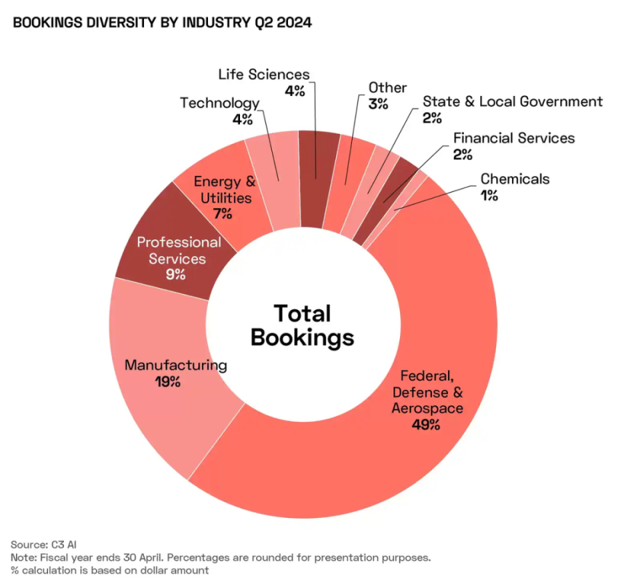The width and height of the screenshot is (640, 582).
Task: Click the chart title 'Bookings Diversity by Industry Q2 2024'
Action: tap(162, 23)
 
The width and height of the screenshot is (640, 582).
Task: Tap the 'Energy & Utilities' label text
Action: tap(224, 189)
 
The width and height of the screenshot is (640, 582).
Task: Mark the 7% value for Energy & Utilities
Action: tap(223, 214)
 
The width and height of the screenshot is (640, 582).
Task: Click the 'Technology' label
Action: tap(219, 103)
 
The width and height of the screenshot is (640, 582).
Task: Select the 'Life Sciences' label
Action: tap(264, 74)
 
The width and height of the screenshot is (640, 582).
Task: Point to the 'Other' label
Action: tap(387, 87)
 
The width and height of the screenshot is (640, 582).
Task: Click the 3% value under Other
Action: tap(378, 104)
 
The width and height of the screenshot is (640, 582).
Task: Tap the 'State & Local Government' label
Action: tap(513, 101)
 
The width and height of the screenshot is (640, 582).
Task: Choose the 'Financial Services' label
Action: tap(513, 138)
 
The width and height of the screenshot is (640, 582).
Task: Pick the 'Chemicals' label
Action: tap(515, 179)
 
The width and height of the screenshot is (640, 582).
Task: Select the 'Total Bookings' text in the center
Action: tap(302, 325)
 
